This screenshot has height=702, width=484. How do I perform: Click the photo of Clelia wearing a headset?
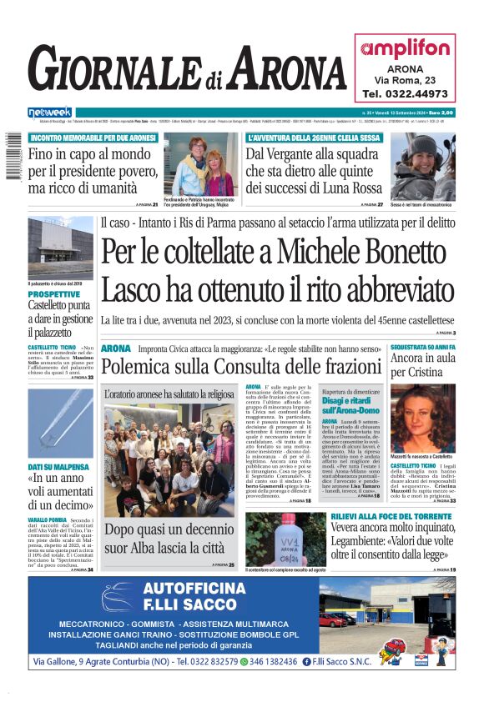click(423, 165)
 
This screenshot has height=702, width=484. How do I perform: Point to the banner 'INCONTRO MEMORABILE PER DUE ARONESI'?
click(87, 138)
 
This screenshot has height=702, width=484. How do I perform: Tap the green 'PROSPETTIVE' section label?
click(55, 294)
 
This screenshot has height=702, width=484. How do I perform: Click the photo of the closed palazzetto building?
click(60, 249)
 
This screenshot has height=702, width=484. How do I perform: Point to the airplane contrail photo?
click(60, 420)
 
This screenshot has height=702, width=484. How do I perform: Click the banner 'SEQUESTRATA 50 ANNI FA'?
click(422, 346)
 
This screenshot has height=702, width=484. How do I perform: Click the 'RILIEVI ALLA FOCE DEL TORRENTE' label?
click(385, 517)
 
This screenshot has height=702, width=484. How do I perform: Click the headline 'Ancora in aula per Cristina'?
click(422, 366)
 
